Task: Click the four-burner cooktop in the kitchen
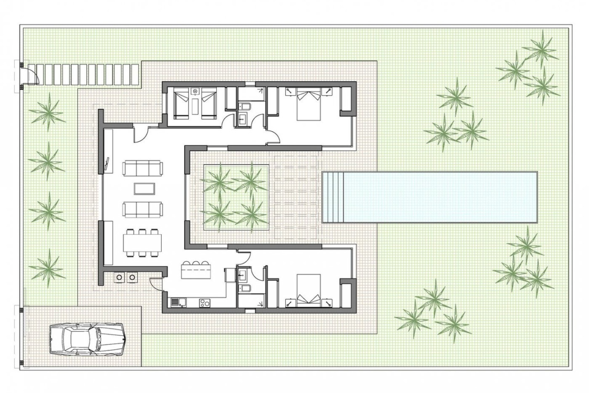pos(205,303)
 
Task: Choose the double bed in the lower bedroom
pos(309,290)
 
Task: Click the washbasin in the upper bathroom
pos(244,118)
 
